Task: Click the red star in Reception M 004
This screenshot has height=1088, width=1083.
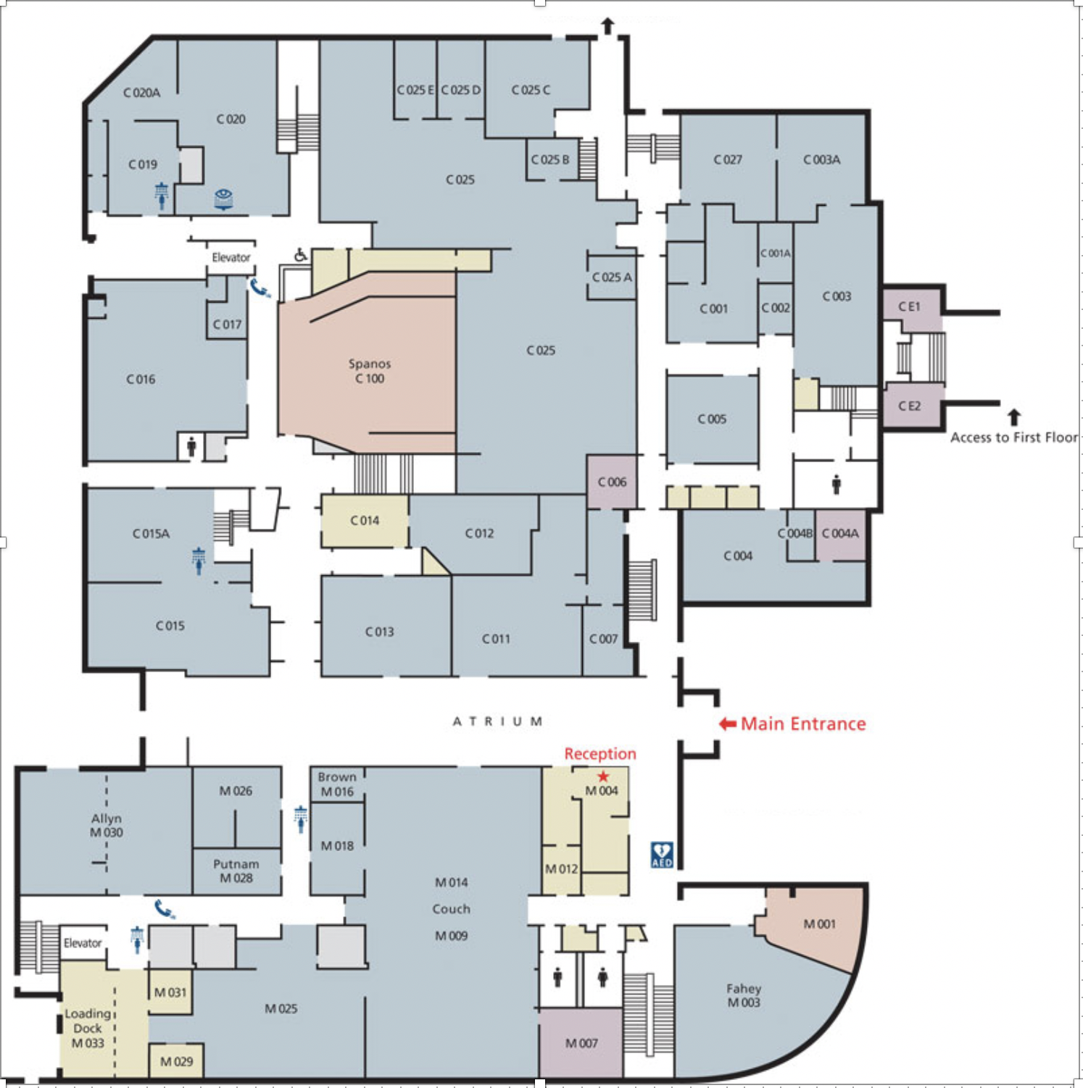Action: [x=603, y=777]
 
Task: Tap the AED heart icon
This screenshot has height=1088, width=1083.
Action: [x=662, y=855]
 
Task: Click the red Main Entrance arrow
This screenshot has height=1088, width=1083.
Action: [x=728, y=724]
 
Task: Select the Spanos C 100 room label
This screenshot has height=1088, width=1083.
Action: [x=370, y=371]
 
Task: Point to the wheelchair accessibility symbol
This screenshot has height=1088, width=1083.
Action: [x=301, y=254]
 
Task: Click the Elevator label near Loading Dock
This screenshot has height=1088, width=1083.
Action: [x=83, y=943]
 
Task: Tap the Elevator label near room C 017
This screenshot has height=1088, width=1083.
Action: [x=231, y=257]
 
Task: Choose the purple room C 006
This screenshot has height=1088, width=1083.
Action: [x=612, y=482]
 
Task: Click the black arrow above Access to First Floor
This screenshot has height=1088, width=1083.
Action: [x=1014, y=417]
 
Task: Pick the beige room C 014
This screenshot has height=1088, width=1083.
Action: [x=365, y=521]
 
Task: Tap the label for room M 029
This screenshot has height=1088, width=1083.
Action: [x=176, y=1061]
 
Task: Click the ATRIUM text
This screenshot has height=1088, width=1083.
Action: [x=497, y=721]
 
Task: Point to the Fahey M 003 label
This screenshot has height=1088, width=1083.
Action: [x=744, y=995]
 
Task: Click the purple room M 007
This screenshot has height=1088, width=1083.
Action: [x=581, y=1043]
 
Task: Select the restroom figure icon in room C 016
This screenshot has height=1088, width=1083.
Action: [x=191, y=446]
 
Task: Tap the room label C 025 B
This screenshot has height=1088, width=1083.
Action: [x=550, y=159]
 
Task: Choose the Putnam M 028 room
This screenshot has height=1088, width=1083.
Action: [x=236, y=871]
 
